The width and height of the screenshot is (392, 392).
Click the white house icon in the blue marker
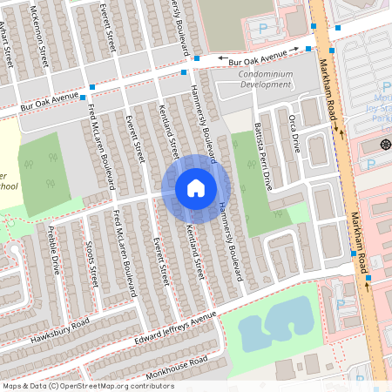(195, 187)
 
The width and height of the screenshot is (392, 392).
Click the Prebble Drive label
(54, 249)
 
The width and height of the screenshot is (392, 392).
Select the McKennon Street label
(40, 37)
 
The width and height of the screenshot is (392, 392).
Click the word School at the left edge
(7, 186)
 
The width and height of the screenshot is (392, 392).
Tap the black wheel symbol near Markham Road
(385, 142)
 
